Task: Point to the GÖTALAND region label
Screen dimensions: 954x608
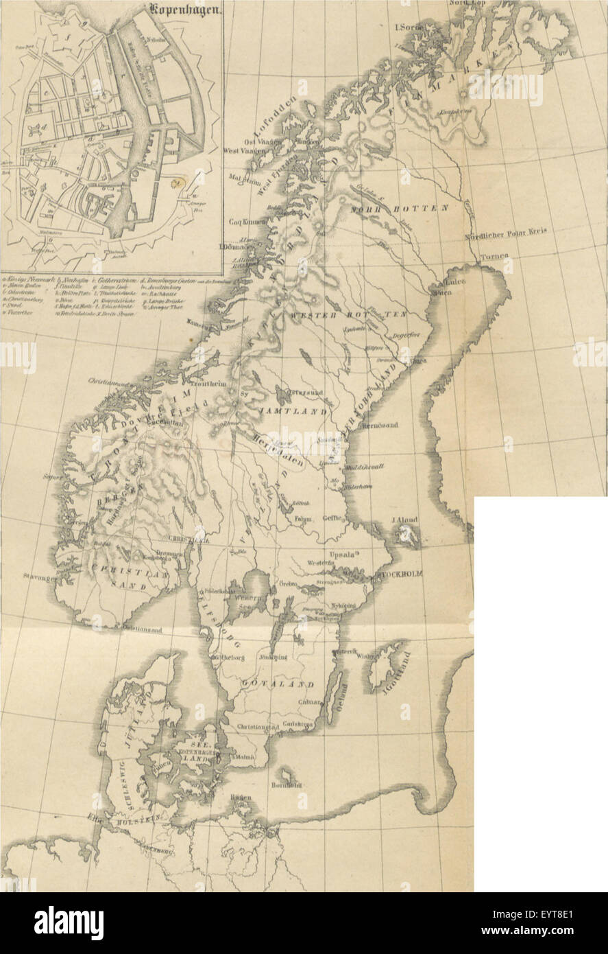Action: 279,684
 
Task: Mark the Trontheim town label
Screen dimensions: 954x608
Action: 207,385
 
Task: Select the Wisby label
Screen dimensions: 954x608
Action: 363,655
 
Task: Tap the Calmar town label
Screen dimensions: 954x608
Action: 309,701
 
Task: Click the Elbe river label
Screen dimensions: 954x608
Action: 90,817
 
